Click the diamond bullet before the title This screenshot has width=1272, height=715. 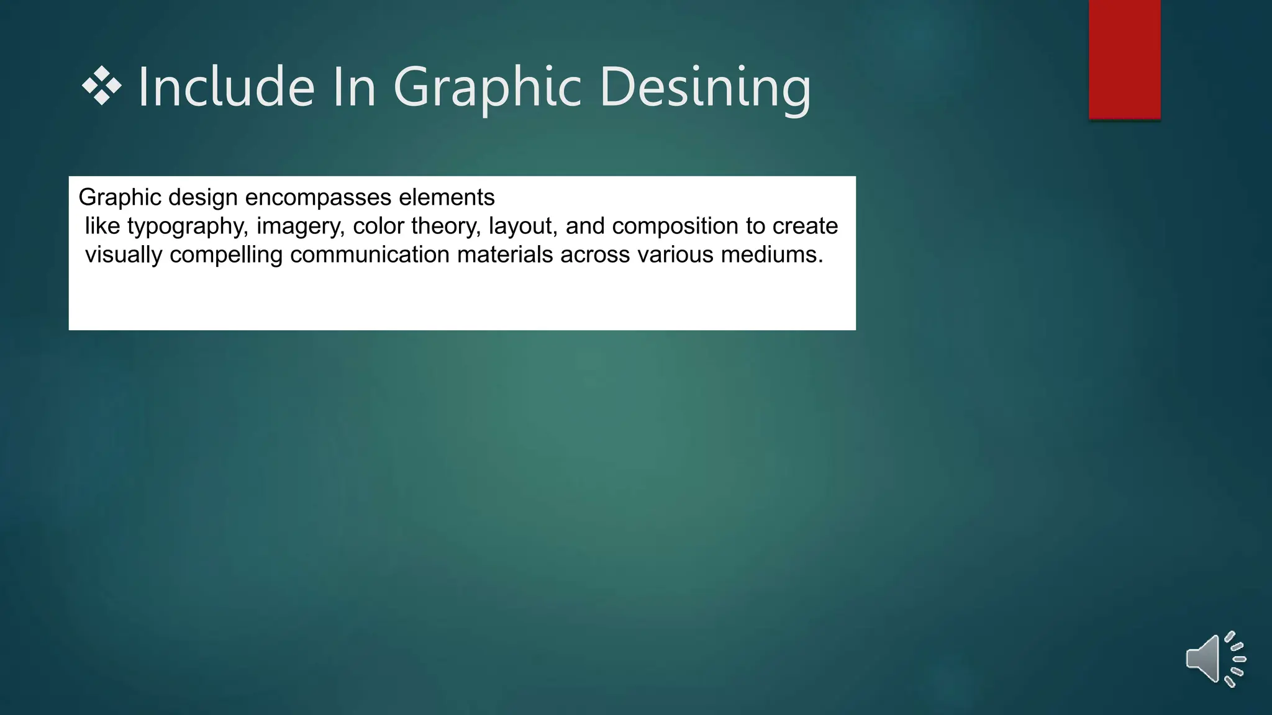point(101,85)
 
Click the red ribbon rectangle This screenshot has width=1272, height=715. point(1124,59)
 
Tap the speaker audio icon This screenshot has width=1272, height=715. point(1214,659)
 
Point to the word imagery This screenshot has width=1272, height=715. point(300,227)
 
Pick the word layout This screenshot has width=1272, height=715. point(523,227)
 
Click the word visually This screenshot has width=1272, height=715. point(123,255)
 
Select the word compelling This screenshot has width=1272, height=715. point(225,255)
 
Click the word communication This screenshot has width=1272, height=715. point(370,254)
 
